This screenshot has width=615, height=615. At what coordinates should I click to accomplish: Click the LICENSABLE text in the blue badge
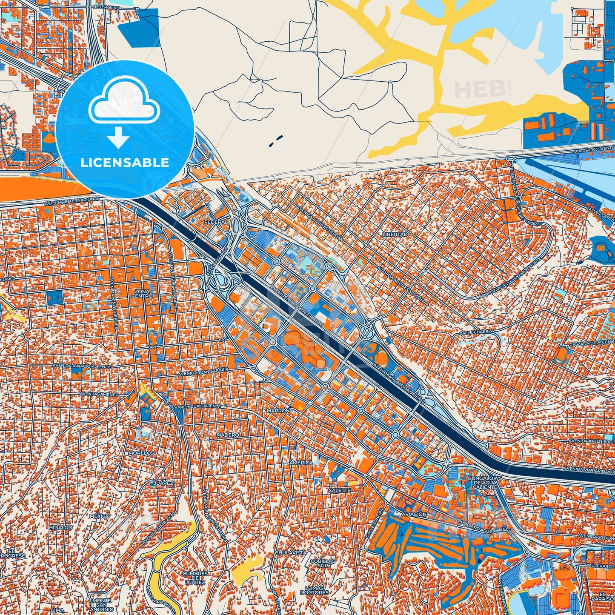tap(125, 163)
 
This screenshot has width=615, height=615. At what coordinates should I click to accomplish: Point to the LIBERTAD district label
tap(395, 235)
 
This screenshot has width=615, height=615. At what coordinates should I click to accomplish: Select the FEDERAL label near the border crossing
tap(216, 222)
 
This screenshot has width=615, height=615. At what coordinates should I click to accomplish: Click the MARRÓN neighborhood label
tap(278, 411)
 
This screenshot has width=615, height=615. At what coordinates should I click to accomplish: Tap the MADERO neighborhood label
tap(228, 435)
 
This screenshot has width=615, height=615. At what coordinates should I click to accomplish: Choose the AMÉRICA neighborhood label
tap(301, 463)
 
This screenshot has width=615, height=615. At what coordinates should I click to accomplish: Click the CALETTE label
tap(339, 490)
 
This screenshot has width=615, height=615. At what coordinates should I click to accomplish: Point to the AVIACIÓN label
tap(414, 514)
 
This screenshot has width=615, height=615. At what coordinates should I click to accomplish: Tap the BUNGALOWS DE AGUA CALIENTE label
tap(484, 482)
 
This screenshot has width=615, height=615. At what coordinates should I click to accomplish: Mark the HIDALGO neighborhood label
tap(60, 527)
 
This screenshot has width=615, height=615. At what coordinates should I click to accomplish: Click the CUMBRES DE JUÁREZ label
tap(195, 578)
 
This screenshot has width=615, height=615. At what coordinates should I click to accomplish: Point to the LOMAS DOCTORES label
tap(314, 590)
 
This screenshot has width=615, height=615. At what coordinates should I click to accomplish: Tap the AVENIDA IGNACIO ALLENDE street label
tap(81, 366)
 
